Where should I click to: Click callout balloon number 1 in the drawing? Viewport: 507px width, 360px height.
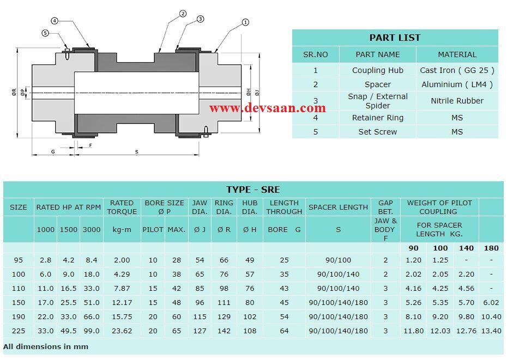(245, 22)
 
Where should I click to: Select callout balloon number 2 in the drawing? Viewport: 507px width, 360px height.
(183, 14)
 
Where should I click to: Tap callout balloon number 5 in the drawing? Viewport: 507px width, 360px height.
(45, 33)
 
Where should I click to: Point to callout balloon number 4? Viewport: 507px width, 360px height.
(55, 21)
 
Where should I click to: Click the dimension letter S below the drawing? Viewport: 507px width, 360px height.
(136, 152)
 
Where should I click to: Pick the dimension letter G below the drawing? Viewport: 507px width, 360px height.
(53, 152)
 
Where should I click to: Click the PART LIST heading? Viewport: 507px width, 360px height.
(395, 38)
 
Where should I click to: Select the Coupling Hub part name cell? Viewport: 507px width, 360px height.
(377, 70)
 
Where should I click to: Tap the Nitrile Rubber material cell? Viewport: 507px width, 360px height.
(457, 101)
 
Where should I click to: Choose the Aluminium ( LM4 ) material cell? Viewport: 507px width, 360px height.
(457, 84)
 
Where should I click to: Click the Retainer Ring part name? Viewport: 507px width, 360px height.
(377, 118)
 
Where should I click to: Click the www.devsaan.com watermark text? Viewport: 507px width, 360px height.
(267, 108)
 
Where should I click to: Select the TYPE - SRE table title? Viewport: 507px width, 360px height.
(253, 190)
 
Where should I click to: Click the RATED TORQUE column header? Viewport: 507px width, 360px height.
(122, 207)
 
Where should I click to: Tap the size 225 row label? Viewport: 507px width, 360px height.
(18, 331)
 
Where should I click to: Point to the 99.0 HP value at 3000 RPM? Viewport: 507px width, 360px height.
(91, 331)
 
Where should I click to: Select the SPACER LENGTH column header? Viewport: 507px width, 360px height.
(338, 207)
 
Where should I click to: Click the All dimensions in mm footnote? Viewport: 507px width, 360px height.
(46, 346)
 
